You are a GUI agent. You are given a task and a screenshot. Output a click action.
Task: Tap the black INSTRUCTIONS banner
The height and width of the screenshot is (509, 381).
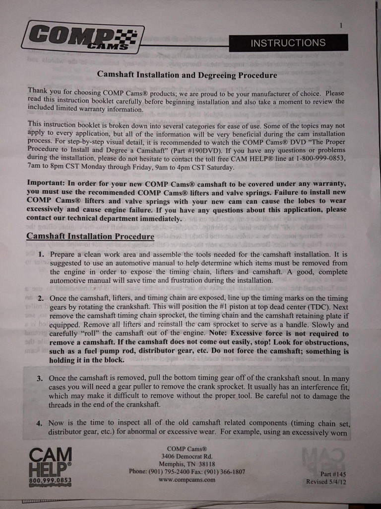(288, 43)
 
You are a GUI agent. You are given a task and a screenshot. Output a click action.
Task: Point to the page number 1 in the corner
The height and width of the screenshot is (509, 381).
(341, 25)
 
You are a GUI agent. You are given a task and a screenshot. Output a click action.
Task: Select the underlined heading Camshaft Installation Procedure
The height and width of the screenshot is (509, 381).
(90, 236)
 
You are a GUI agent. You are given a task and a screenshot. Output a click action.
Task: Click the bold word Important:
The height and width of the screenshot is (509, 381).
(49, 183)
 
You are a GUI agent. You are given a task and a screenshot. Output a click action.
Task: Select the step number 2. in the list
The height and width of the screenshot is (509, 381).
(40, 299)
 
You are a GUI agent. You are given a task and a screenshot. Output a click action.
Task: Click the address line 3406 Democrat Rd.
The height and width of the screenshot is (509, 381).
(187, 456)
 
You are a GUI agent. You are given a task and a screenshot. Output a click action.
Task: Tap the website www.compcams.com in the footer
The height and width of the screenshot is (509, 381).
(187, 480)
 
